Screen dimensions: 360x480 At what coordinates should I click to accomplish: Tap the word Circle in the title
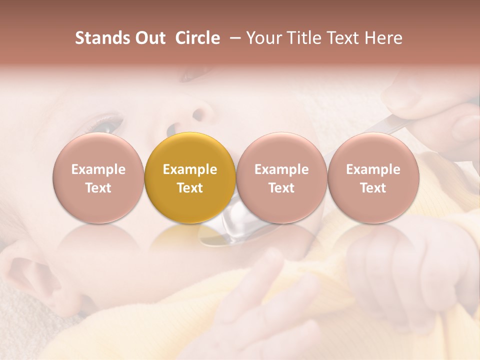197,38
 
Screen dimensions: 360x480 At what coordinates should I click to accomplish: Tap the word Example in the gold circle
190,169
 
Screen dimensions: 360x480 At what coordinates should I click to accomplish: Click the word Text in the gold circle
190,188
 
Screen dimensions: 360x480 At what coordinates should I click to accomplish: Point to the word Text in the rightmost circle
373,188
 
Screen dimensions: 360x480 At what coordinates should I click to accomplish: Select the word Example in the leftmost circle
98,169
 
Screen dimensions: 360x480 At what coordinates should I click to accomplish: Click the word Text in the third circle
281,188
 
